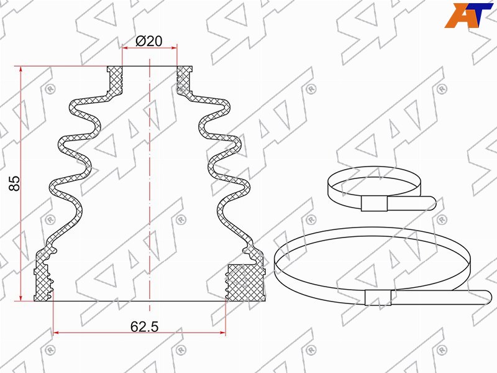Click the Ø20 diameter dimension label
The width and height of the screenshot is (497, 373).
pos(149,41)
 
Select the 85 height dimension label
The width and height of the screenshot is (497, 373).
pos(14,183)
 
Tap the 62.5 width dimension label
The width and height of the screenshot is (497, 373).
pos(144,327)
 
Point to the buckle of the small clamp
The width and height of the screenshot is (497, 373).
pos(374,203)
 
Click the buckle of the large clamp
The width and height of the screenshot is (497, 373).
pos(378,298)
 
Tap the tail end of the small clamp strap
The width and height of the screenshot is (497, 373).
pos(432,203)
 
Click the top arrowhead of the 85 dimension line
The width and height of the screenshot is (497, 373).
pos(21,69)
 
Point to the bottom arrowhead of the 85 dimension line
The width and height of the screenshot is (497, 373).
pos(21,298)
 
